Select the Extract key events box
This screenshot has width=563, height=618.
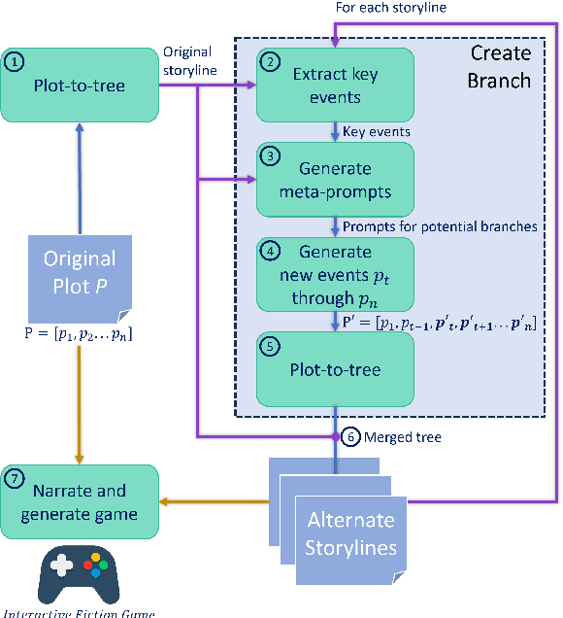point(334,86)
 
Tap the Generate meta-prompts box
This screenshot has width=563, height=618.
point(334,179)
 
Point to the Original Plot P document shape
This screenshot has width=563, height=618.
point(80,276)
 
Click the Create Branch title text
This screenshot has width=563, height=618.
point(499,65)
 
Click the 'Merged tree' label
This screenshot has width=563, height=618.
point(403,438)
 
